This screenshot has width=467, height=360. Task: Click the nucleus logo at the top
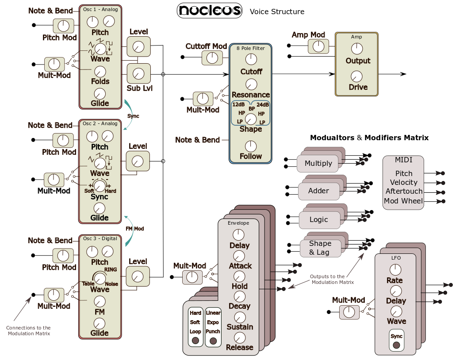[x=209, y=11]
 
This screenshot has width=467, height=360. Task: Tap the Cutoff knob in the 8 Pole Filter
[x=251, y=59]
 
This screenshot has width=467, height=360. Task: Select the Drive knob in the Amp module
[x=356, y=76]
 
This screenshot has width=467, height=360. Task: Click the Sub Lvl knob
[x=138, y=73]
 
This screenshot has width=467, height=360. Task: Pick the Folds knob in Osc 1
[x=100, y=71]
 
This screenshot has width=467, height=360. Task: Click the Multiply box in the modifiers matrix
[x=318, y=164]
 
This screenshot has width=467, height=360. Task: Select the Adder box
[x=318, y=191]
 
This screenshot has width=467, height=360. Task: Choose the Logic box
[x=318, y=220]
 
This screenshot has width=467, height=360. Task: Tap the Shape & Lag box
[x=320, y=248]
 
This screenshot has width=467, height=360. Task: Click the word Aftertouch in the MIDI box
[x=404, y=191]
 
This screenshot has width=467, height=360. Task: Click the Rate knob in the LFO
[x=395, y=269]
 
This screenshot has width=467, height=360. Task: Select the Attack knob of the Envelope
[x=239, y=256]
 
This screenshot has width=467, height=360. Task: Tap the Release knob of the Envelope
[x=239, y=338]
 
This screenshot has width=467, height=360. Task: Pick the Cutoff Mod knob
[x=212, y=57]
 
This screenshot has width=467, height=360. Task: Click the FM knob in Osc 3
[x=100, y=302]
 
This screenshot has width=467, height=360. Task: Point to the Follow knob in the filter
[x=251, y=146]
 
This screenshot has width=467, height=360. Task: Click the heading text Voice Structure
[x=277, y=11]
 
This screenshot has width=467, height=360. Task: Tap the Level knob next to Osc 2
[x=138, y=161]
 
